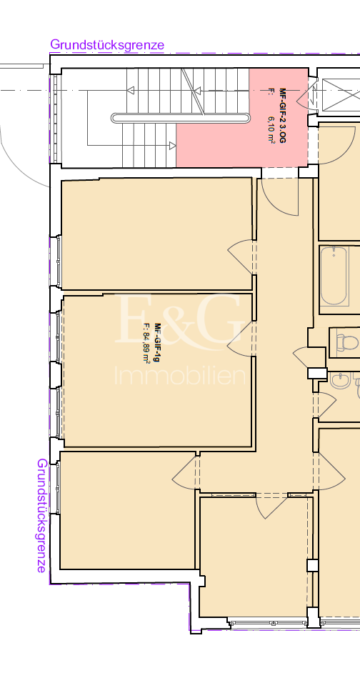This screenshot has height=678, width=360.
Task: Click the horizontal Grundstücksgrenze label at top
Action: (107, 44)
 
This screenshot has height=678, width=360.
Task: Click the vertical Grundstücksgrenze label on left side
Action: (42, 515)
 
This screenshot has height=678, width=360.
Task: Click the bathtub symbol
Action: (334, 276)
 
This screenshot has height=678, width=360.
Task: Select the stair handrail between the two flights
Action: (180, 118)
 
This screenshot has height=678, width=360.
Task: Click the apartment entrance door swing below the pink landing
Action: (280, 196)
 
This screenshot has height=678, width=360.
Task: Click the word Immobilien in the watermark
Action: (180, 376)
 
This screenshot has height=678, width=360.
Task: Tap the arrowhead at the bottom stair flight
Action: (173, 146)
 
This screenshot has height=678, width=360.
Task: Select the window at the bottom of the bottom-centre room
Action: (269, 624)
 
